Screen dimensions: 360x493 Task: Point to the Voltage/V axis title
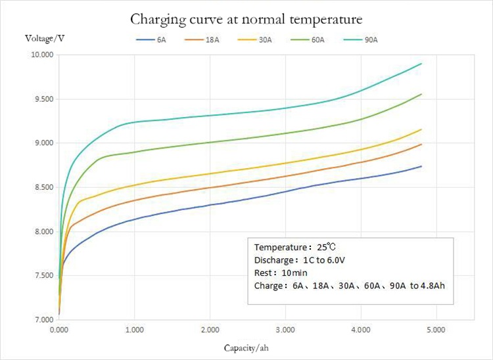(x=45, y=37)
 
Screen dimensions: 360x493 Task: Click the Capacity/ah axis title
(x=246, y=347)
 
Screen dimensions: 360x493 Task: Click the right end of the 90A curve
(x=421, y=64)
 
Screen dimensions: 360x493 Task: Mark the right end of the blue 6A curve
(x=421, y=166)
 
